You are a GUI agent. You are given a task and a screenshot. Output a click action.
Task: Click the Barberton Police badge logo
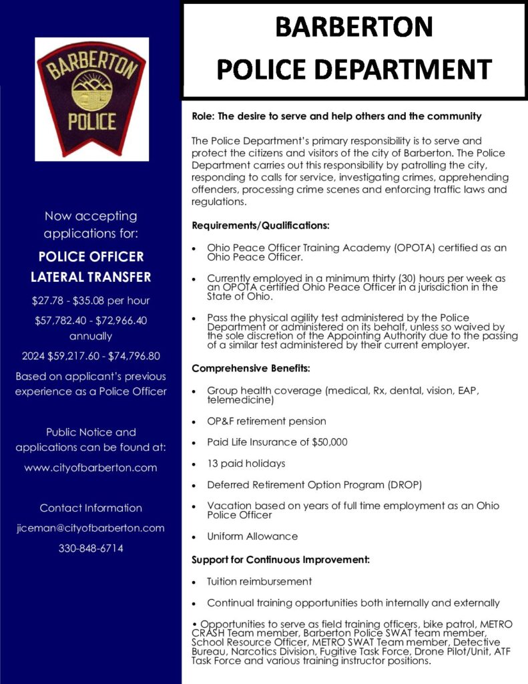tap(91, 99)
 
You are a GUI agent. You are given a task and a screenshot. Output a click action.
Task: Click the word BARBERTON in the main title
tap(354, 27)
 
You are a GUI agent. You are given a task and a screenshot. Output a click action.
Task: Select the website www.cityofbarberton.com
tap(91, 468)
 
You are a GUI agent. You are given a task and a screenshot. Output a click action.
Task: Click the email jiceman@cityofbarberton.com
tap(91, 528)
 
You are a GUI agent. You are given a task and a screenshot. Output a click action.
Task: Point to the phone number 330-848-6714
tap(91, 548)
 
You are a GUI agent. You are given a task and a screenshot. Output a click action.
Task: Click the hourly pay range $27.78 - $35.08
tap(91, 300)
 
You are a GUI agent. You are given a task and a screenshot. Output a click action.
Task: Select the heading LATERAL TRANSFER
tap(91, 277)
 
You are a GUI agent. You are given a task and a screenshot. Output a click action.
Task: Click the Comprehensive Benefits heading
tap(250, 368)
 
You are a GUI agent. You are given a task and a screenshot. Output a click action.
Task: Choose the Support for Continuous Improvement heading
tap(280, 559)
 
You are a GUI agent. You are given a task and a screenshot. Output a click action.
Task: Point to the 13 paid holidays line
tap(246, 463)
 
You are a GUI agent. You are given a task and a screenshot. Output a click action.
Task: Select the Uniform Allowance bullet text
tap(252, 536)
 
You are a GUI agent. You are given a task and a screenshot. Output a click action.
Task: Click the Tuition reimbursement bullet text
tap(259, 581)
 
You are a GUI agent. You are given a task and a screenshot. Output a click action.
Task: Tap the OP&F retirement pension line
tap(266, 421)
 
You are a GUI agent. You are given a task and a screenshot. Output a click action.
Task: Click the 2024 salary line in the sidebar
tap(91, 355)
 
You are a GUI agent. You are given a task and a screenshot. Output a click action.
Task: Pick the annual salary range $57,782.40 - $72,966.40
tap(91, 321)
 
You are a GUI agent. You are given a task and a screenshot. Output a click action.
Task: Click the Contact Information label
tap(91, 508)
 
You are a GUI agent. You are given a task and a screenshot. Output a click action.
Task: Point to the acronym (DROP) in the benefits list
tap(403, 484)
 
